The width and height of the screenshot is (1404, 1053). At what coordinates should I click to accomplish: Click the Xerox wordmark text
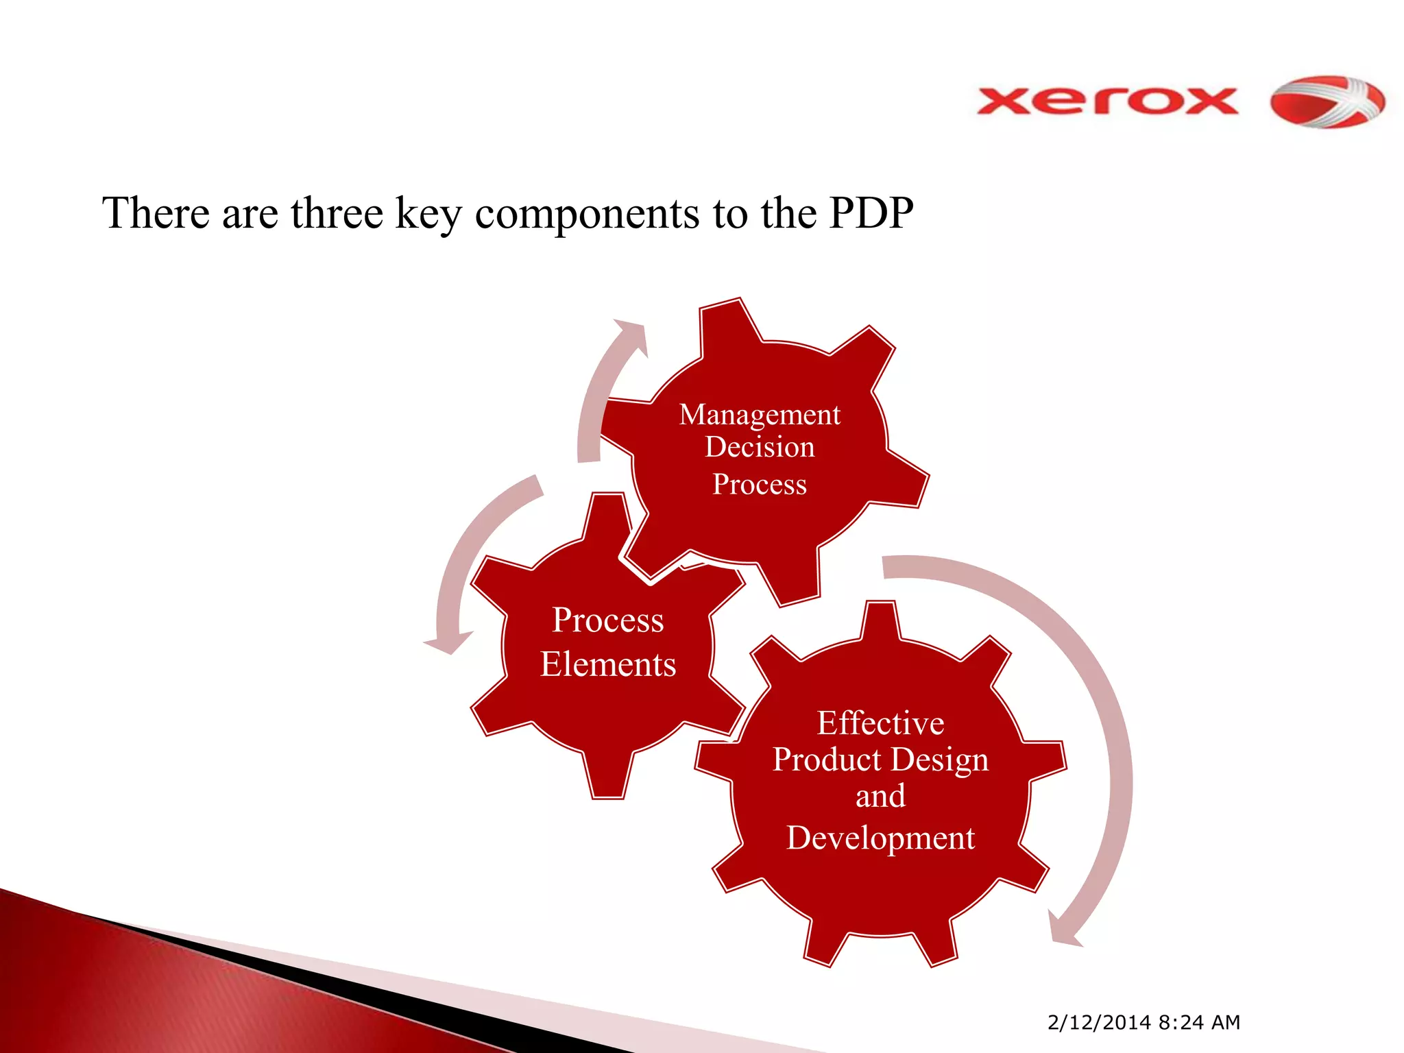1106,101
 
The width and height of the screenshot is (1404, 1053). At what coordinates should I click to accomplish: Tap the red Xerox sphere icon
1327,102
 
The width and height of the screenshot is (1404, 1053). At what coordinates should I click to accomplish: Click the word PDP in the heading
871,213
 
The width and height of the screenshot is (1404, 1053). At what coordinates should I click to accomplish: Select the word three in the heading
336,213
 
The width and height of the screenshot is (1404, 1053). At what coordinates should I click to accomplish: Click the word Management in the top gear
759,415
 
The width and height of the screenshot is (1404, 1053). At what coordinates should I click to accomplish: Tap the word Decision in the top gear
760,448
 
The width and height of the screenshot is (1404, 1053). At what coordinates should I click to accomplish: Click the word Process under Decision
759,485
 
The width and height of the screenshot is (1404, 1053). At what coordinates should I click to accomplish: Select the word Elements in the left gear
608,664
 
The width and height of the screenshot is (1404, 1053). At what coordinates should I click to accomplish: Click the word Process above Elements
608,620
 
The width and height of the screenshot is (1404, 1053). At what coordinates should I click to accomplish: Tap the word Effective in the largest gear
880,723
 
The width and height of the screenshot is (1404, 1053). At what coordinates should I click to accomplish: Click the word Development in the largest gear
880,838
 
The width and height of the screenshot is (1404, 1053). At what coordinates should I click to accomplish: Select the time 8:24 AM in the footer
1199,1022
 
